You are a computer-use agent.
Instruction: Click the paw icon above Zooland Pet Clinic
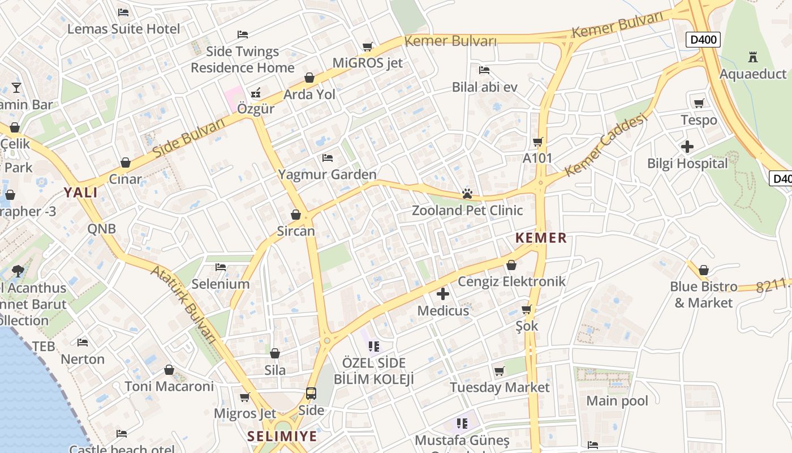click(467, 194)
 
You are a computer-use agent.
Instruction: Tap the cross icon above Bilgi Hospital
click(687, 147)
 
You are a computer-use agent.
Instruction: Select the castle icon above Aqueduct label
click(752, 57)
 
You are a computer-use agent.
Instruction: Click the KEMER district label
click(541, 238)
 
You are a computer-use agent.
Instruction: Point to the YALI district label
click(80, 193)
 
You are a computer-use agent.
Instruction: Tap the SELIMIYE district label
click(282, 437)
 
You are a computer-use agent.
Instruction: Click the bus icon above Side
click(311, 393)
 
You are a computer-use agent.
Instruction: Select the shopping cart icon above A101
click(537, 142)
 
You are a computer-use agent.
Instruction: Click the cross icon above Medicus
click(443, 293)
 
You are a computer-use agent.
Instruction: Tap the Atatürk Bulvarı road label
click(184, 304)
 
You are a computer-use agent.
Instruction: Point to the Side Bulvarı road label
click(189, 139)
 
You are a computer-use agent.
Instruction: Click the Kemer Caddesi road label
click(605, 145)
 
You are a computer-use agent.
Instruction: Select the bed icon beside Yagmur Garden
click(327, 157)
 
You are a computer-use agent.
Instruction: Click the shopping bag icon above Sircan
click(295, 215)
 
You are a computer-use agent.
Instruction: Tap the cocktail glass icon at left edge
click(16, 88)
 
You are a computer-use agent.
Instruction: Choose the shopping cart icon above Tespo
click(699, 103)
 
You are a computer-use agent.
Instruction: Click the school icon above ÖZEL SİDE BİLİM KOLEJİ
click(373, 345)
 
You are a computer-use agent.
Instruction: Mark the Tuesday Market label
click(499, 387)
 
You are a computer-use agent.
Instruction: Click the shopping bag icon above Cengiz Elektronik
click(511, 265)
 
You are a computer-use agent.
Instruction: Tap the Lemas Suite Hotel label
click(123, 29)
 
